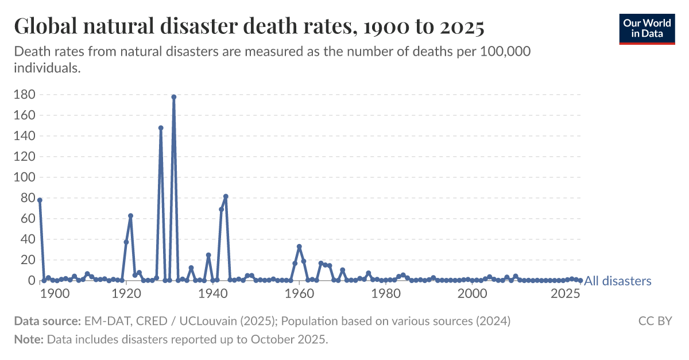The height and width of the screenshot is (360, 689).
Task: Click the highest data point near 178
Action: (x=173, y=97)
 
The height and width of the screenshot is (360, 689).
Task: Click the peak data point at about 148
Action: (x=161, y=128)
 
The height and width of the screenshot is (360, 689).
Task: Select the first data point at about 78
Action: (x=40, y=200)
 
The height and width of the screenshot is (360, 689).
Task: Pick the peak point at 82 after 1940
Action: (x=226, y=196)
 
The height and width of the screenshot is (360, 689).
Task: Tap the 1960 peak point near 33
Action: (x=299, y=247)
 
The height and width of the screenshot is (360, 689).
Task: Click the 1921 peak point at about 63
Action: (x=130, y=216)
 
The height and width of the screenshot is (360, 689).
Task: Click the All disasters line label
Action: (x=618, y=281)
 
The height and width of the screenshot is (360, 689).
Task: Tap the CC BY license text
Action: (x=655, y=321)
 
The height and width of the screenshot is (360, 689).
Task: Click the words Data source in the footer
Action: (x=46, y=321)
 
